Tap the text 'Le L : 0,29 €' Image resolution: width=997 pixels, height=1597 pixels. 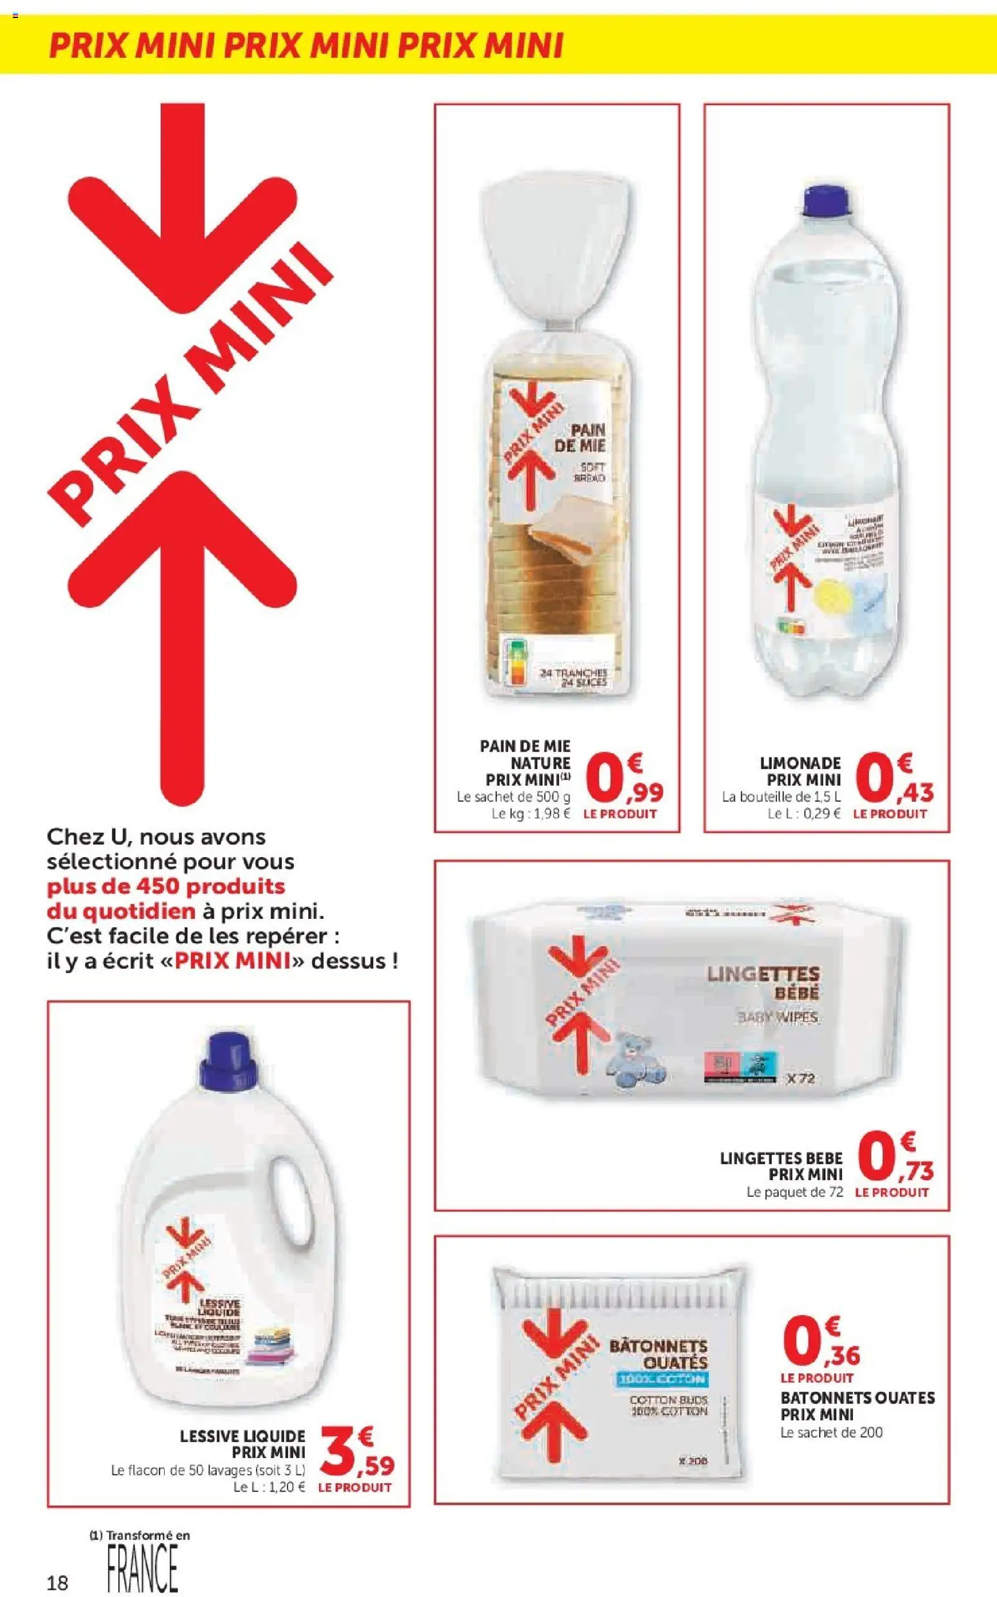coord(804,813)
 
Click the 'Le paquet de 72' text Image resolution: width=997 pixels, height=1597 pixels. coord(794,1192)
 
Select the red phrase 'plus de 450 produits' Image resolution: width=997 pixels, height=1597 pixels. coord(165,886)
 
